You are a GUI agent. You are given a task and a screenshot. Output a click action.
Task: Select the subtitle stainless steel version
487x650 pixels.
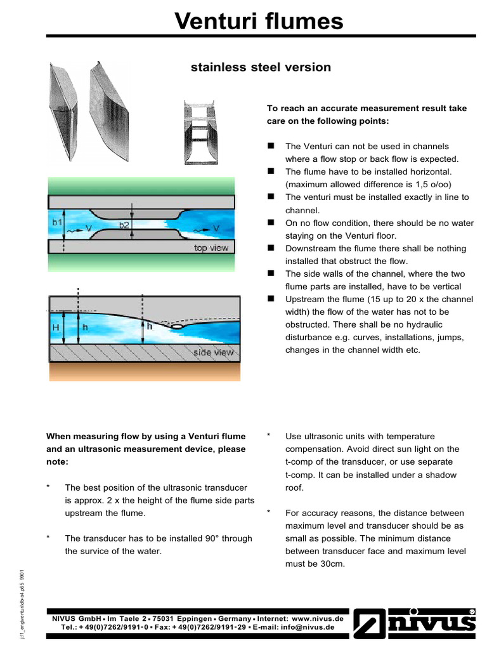(x=261, y=67)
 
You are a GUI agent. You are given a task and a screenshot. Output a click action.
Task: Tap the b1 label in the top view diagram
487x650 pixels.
(x=56, y=223)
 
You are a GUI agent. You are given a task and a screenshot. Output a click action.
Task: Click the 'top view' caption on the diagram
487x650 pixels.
(x=211, y=248)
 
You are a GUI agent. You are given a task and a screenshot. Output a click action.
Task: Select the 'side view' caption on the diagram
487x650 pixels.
(x=214, y=352)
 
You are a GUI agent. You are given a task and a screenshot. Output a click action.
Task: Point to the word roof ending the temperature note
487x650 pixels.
(x=295, y=487)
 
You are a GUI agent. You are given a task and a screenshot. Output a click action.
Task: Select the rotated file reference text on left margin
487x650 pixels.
(x=22, y=604)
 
